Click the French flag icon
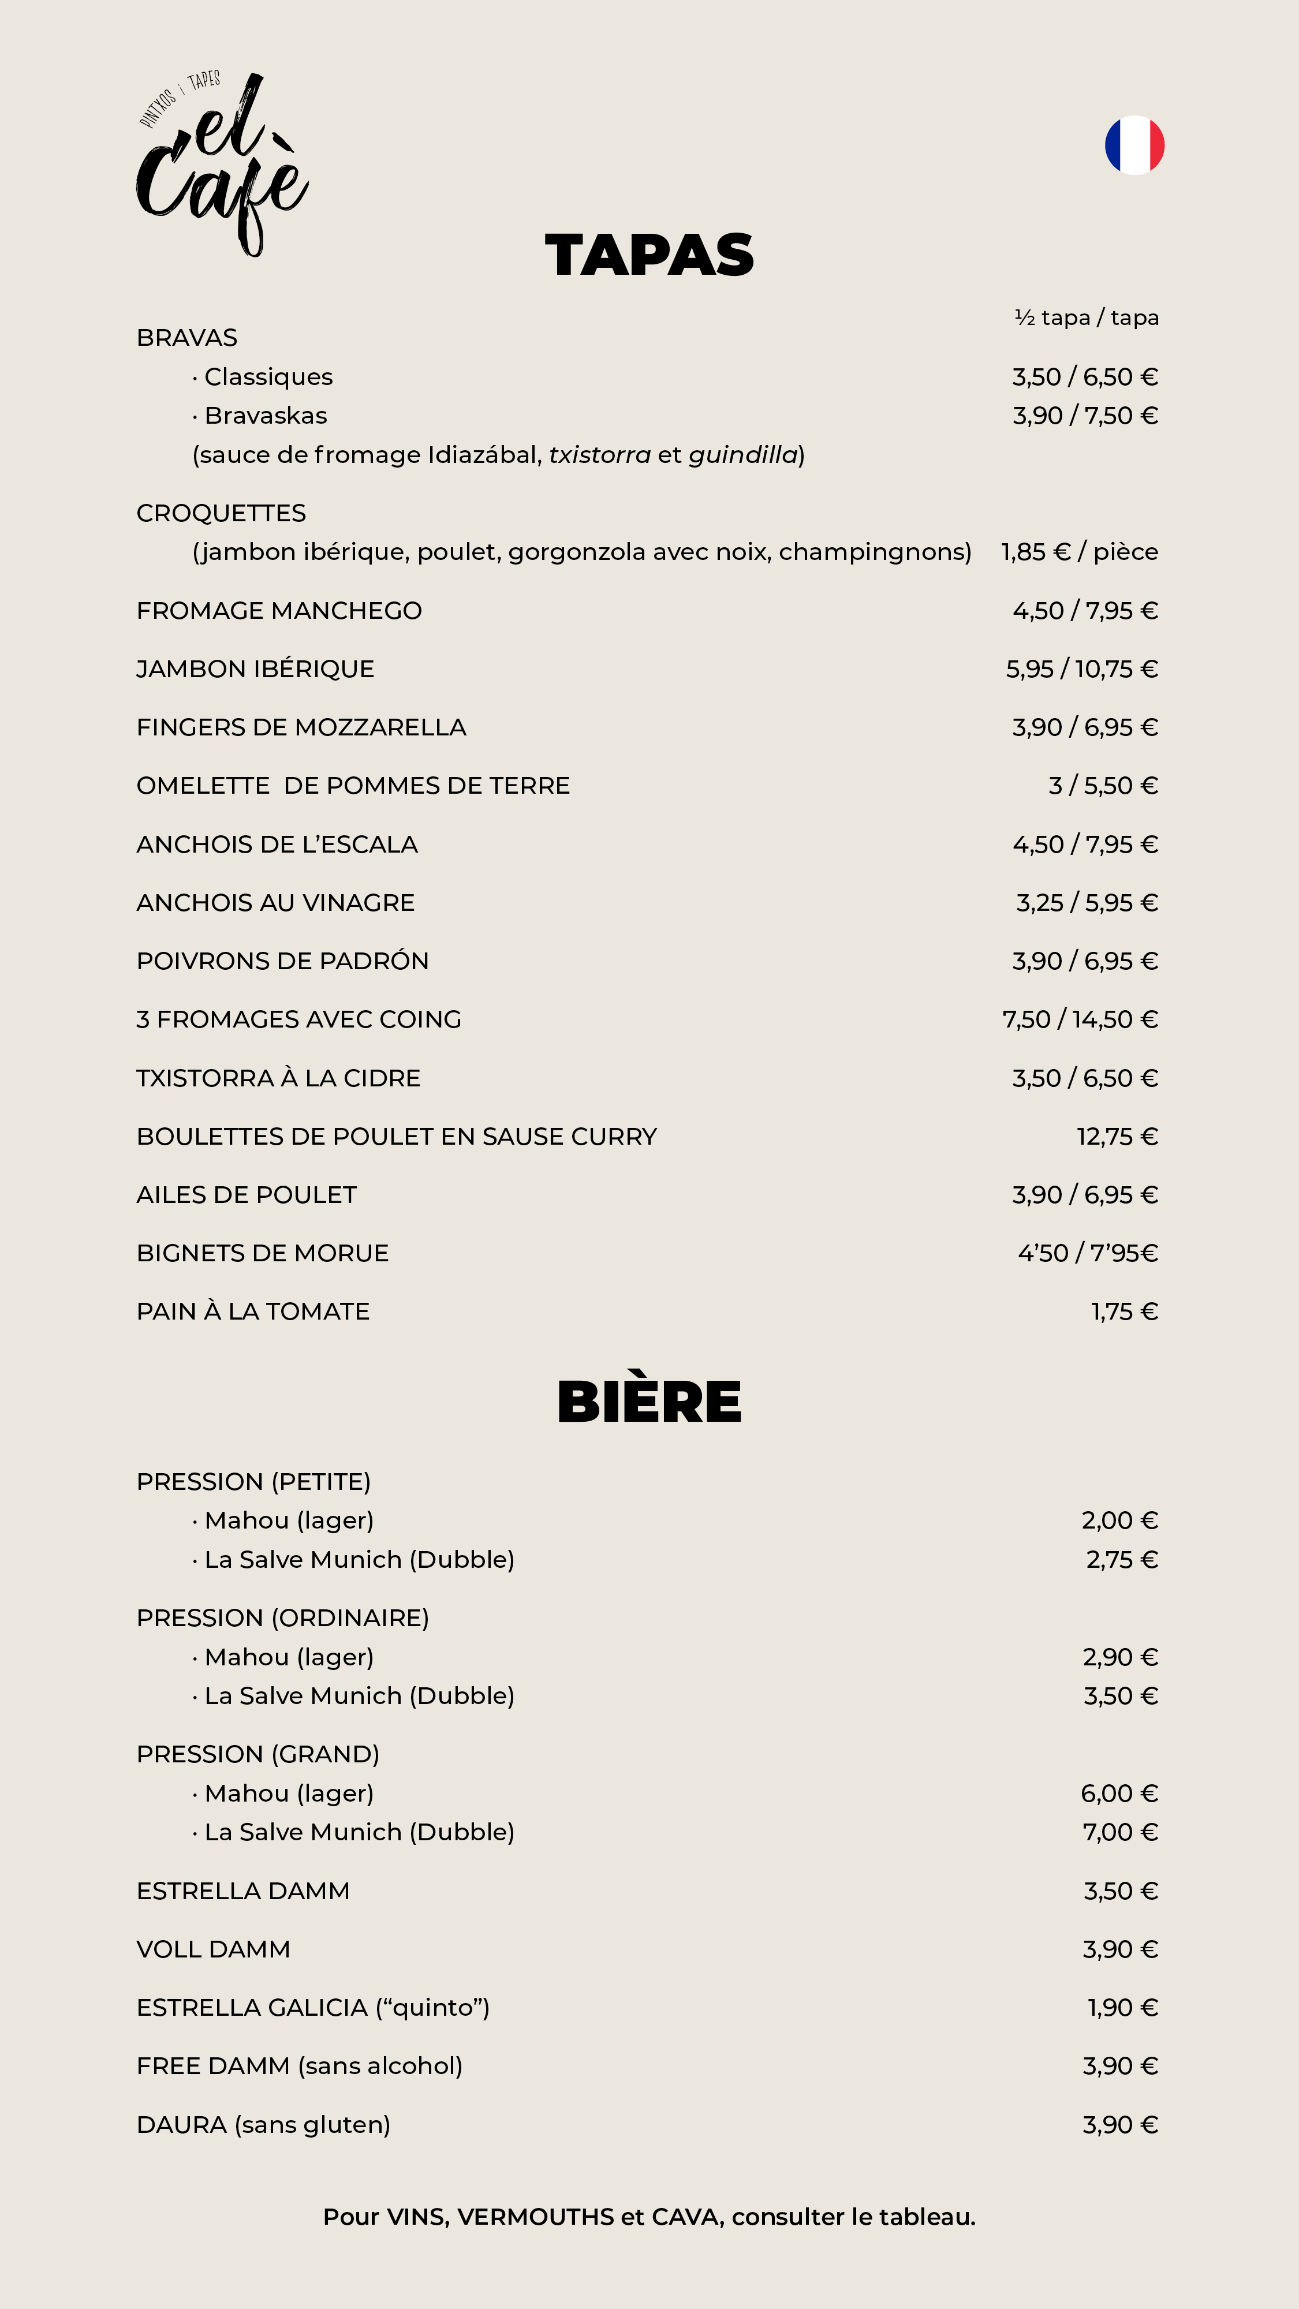(x=1134, y=145)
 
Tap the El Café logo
(x=222, y=163)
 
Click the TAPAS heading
(x=649, y=256)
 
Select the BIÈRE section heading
(x=649, y=1402)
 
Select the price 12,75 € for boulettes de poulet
(x=1117, y=1137)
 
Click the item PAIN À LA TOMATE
(x=253, y=1312)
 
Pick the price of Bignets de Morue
(x=1088, y=1253)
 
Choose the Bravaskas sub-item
(x=266, y=416)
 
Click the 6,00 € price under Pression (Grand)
(x=1119, y=1794)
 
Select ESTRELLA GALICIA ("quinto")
(x=313, y=2008)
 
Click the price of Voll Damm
(x=1119, y=1949)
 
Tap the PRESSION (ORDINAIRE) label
(x=282, y=1618)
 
